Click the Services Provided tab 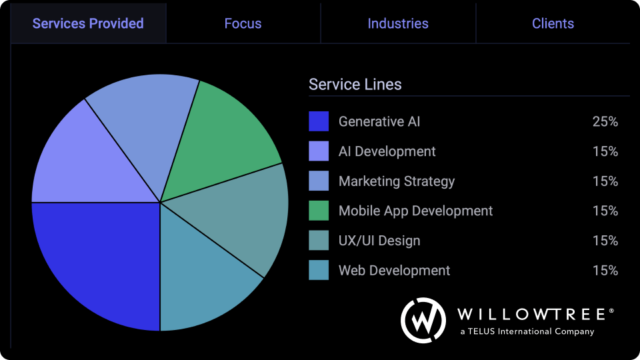[88, 23]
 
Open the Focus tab [243, 23]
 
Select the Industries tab [398, 23]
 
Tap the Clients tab [553, 23]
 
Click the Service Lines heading [355, 85]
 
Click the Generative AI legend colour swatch [319, 121]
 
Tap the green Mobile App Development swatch [319, 211]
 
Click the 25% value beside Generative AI [605, 121]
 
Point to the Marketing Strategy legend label [397, 181]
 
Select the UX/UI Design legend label [379, 241]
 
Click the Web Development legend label [394, 270]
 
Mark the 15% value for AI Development [605, 151]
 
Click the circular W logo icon [423, 320]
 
